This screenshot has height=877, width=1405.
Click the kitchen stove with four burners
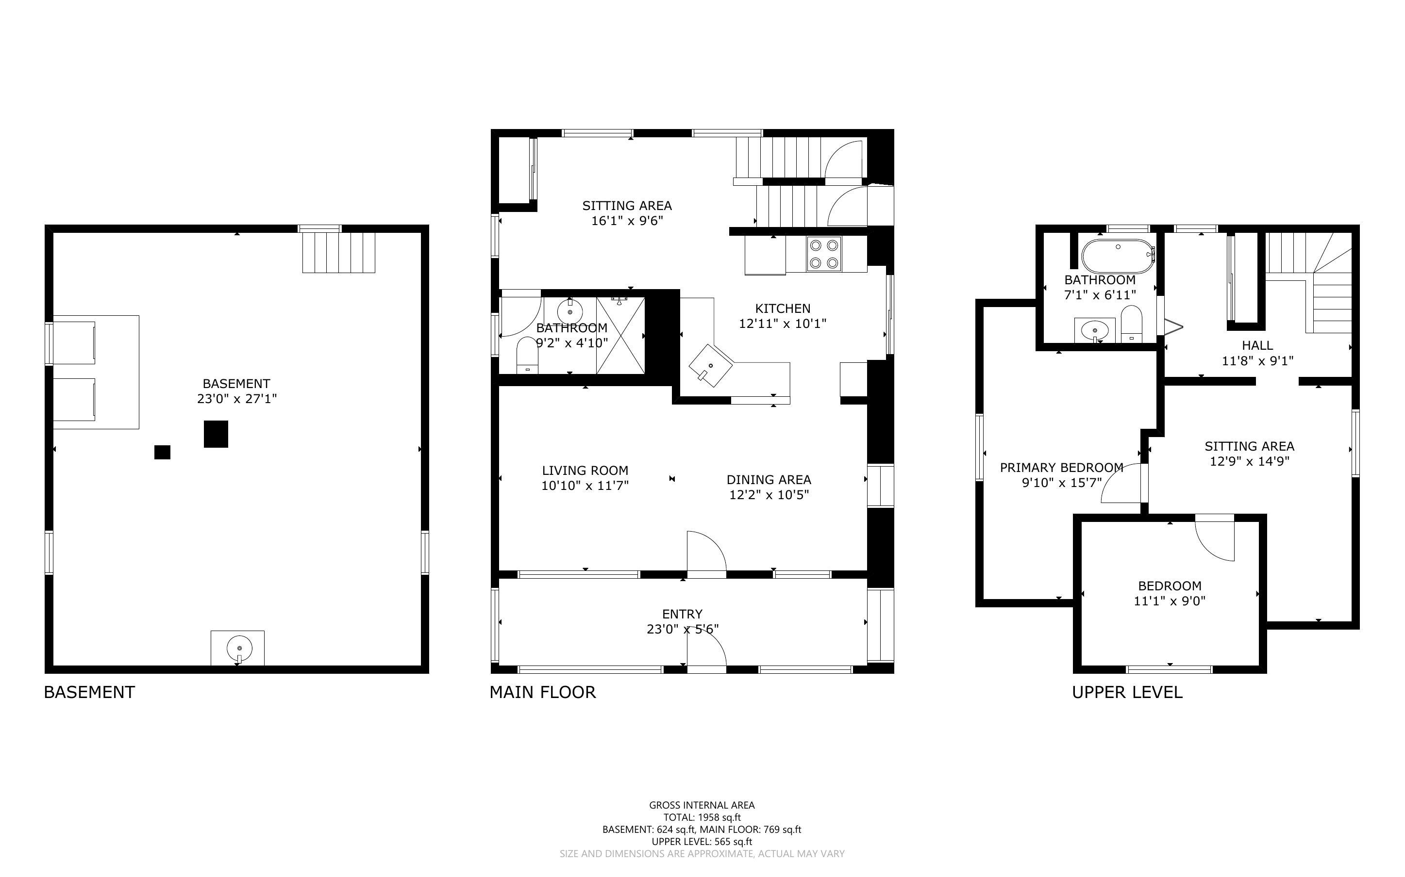point(823,254)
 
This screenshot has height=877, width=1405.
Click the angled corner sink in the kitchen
point(711,366)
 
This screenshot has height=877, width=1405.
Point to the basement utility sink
point(237,647)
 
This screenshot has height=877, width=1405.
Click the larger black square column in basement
point(216,434)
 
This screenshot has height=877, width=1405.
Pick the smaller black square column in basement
point(163,452)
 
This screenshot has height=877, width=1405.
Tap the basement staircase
point(339,252)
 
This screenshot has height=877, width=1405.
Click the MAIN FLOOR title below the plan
point(543,692)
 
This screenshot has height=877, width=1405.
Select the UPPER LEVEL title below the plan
point(1127,692)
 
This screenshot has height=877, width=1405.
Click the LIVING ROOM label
point(585,471)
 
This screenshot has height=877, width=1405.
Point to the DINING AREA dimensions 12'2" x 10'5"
point(769,495)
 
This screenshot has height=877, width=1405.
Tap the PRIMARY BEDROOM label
point(1061,468)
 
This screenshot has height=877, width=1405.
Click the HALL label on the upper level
point(1257,345)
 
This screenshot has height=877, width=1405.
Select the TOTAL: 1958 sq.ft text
point(702,818)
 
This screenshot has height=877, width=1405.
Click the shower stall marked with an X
point(620,336)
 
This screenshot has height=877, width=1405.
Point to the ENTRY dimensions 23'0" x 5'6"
point(683,629)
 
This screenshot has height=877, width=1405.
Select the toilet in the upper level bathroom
point(1131,324)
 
